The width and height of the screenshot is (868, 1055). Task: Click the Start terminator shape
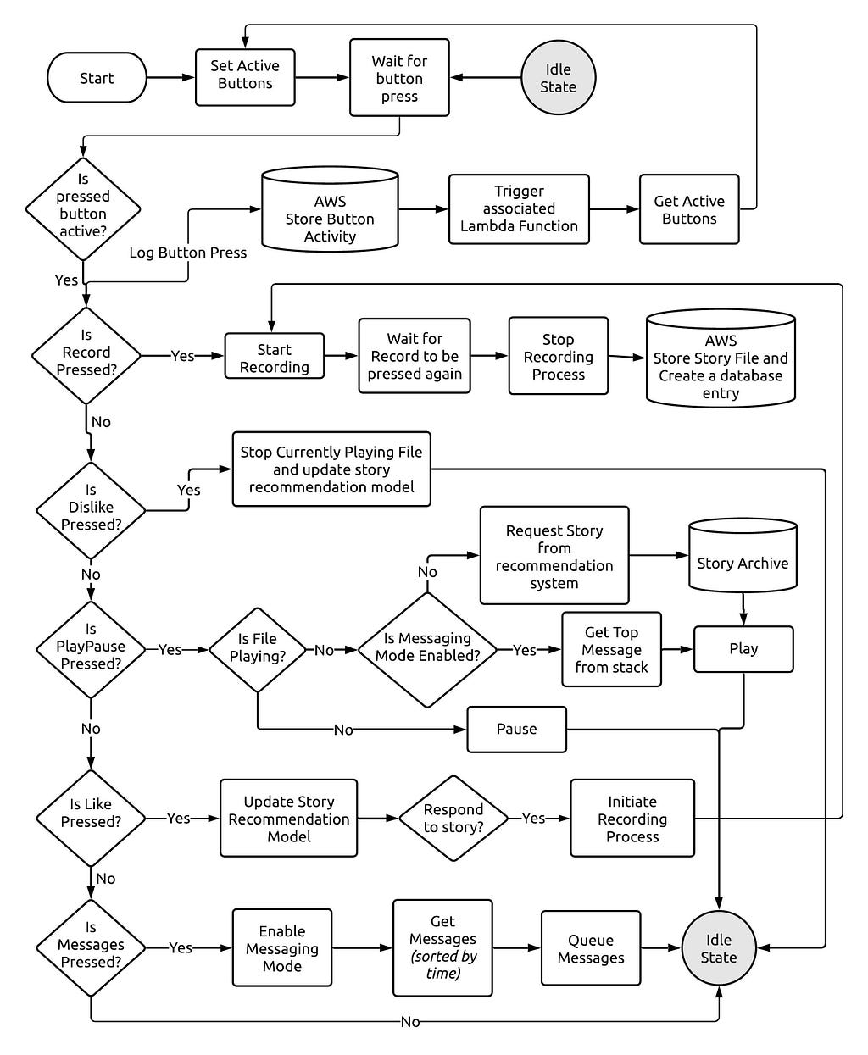[97, 78]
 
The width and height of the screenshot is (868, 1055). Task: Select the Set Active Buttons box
[245, 77]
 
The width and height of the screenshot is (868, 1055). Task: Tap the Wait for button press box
[399, 78]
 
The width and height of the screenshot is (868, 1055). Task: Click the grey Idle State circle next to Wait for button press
[558, 78]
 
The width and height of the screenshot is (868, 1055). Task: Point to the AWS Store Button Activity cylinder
[330, 209]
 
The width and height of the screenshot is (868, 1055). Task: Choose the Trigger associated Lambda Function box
[519, 209]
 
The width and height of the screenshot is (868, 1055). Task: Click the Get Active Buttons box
[689, 209]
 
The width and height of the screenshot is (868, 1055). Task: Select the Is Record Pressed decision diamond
[86, 355]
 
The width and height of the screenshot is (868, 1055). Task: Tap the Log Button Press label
[187, 253]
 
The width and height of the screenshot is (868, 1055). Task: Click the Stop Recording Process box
[559, 356]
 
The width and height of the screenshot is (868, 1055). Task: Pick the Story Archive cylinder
[743, 555]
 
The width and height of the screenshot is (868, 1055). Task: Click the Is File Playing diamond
[257, 649]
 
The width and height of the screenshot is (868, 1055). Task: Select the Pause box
[516, 729]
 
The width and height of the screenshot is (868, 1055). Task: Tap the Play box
[743, 649]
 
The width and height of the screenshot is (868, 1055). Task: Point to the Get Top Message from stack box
[611, 649]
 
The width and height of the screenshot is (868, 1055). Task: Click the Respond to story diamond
[453, 818]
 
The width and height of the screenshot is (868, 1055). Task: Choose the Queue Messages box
[590, 947]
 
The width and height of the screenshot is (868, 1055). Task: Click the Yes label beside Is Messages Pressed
[180, 947]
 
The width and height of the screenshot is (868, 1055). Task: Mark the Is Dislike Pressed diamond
[91, 510]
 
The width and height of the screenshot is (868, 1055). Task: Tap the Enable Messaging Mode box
[281, 947]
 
